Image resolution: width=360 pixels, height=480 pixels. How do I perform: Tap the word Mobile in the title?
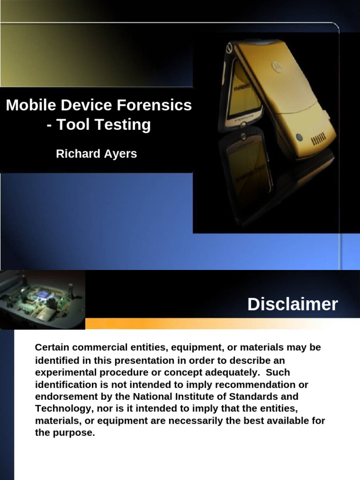28,105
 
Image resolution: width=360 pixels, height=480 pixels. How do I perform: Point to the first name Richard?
76,154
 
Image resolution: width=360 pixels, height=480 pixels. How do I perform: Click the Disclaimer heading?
292,304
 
